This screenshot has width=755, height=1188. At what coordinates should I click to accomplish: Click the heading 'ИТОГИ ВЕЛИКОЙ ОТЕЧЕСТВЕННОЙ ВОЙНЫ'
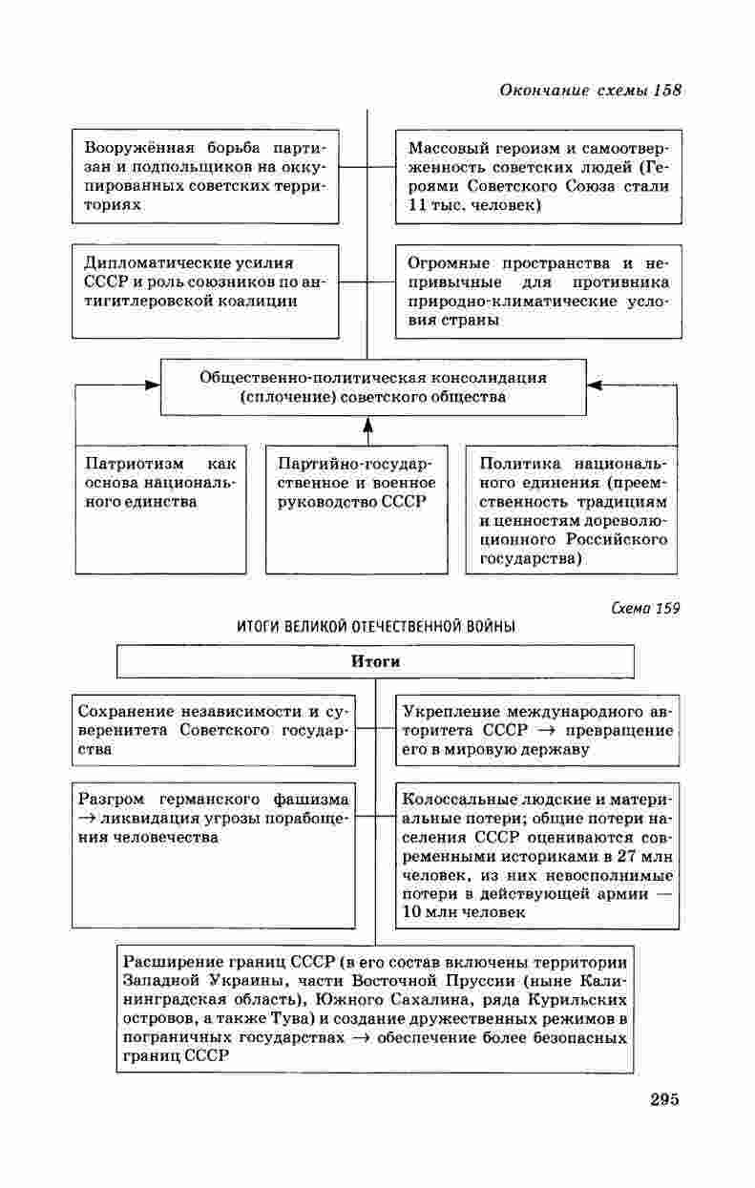pos(376,627)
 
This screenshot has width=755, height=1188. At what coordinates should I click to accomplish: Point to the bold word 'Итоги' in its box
pos(375,661)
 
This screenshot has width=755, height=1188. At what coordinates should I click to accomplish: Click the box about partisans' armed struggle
pos(205,177)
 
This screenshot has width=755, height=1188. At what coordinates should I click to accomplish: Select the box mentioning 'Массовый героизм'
pos(538,177)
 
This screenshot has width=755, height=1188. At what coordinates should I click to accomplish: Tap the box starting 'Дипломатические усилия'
pos(205,291)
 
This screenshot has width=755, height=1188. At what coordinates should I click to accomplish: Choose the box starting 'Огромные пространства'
pos(538,291)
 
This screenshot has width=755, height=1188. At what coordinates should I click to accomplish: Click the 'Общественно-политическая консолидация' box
pos(373,386)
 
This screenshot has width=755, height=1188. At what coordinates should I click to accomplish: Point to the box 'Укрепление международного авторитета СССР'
pos(537,730)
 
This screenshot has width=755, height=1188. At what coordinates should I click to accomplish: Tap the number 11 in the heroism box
pos(416,205)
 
